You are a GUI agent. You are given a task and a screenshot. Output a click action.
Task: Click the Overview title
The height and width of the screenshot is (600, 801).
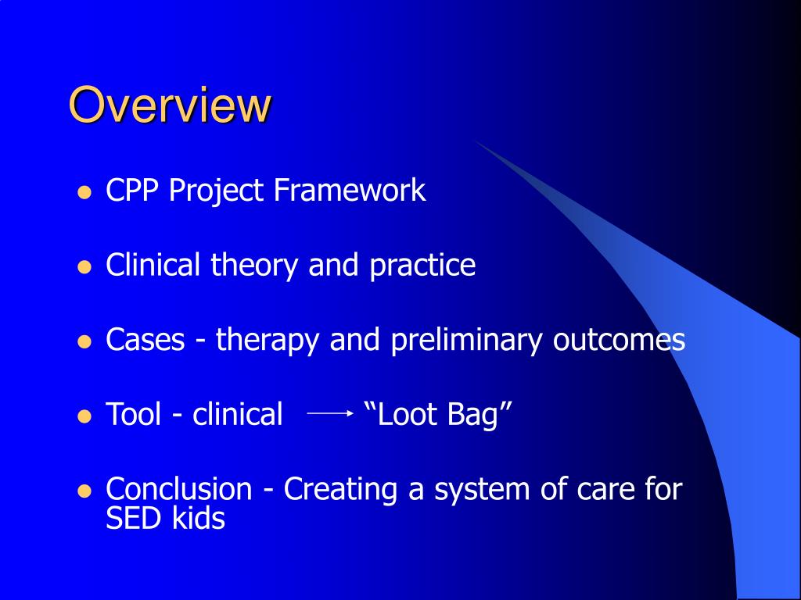coord(170,105)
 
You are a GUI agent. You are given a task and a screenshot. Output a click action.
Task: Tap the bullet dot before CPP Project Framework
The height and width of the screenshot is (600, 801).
coord(84,192)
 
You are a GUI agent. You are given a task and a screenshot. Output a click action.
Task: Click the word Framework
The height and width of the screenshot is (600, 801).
coord(350,190)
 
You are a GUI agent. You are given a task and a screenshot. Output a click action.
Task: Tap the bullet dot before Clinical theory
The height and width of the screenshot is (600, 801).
coord(84,267)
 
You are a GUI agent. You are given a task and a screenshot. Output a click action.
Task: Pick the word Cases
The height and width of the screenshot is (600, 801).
coord(145,339)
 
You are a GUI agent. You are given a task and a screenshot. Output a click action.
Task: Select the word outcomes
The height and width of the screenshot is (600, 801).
coord(619,340)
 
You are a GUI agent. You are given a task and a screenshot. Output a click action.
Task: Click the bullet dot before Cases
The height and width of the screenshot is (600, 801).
coord(84,342)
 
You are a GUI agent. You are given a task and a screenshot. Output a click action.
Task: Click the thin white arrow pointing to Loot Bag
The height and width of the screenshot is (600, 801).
coord(330,413)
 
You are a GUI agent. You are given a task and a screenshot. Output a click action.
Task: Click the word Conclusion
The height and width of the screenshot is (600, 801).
coord(179,488)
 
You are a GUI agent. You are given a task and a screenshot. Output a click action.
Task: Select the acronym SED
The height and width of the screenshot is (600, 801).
coord(135,518)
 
